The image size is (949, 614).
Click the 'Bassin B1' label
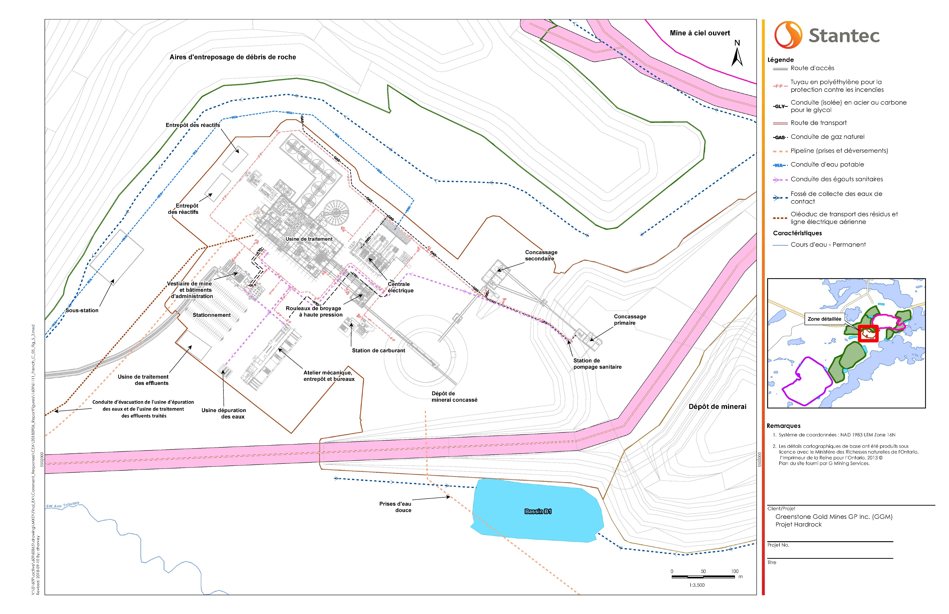[x=538, y=511]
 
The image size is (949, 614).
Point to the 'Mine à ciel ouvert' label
[x=700, y=33]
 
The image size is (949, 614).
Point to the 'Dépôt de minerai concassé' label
[x=454, y=397]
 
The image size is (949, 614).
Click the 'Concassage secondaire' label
[x=541, y=255]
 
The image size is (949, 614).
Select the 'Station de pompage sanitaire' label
[x=597, y=364]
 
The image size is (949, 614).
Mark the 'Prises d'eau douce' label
[x=395, y=507]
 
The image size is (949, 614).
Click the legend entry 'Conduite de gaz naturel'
[x=827, y=137]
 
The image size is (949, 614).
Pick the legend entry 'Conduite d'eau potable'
[x=827, y=164]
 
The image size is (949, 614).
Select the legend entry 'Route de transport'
[x=818, y=123]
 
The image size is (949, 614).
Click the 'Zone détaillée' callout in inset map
[x=824, y=319]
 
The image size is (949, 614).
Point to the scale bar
[x=703, y=577]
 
